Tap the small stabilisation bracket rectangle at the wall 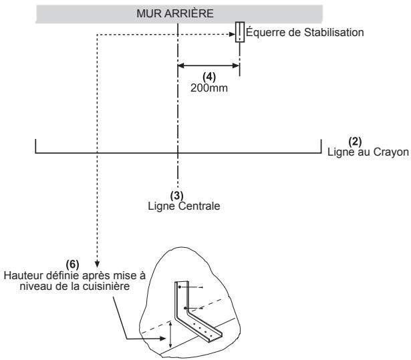[239, 32]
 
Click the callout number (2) [355, 142]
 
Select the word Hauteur [23, 275]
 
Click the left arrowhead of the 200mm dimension [181, 65]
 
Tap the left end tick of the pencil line [35, 146]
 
